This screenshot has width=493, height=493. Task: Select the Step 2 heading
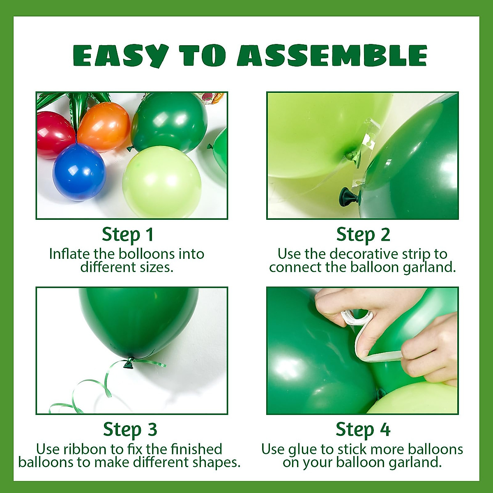coord(363,235)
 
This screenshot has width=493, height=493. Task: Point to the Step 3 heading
coord(130,430)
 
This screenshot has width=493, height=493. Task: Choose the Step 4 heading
coord(363,430)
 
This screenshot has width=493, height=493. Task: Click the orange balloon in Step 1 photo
coord(104,127)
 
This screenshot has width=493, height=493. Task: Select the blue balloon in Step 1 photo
coord(79,172)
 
